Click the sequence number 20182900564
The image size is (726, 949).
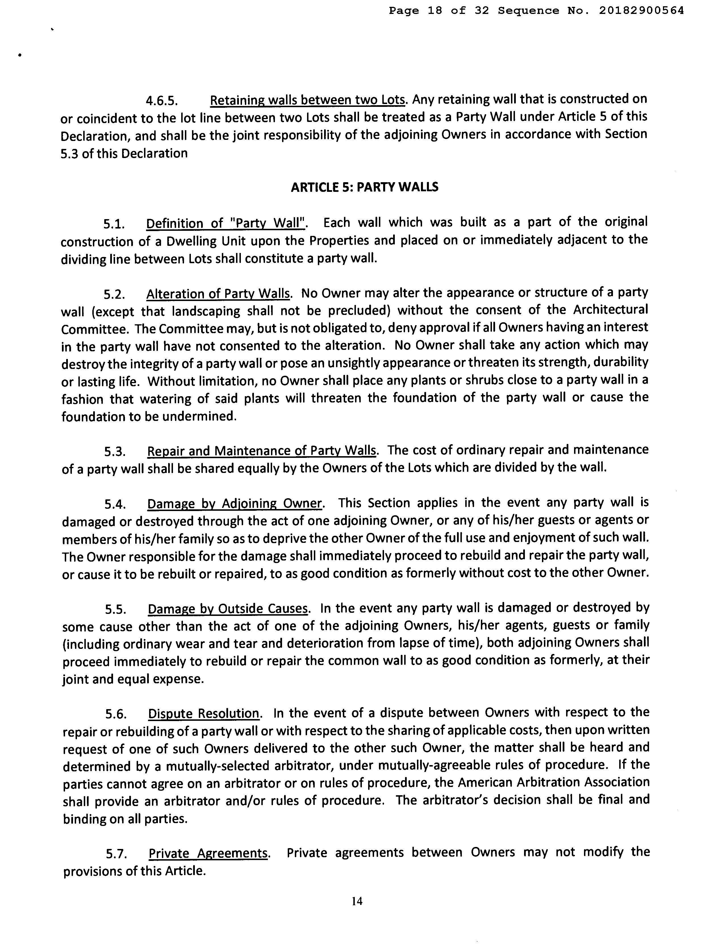(x=641, y=11)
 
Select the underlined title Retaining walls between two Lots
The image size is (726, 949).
(x=308, y=100)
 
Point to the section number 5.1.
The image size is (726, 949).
(x=114, y=224)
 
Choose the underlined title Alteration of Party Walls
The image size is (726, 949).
(x=218, y=294)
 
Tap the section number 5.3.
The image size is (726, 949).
(x=115, y=452)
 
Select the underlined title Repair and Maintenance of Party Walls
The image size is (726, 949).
(x=262, y=451)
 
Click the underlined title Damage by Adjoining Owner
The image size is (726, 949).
(x=235, y=504)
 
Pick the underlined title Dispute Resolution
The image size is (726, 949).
(x=205, y=713)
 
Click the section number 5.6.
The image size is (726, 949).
(x=116, y=714)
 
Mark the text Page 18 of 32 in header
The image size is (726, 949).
(x=439, y=11)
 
